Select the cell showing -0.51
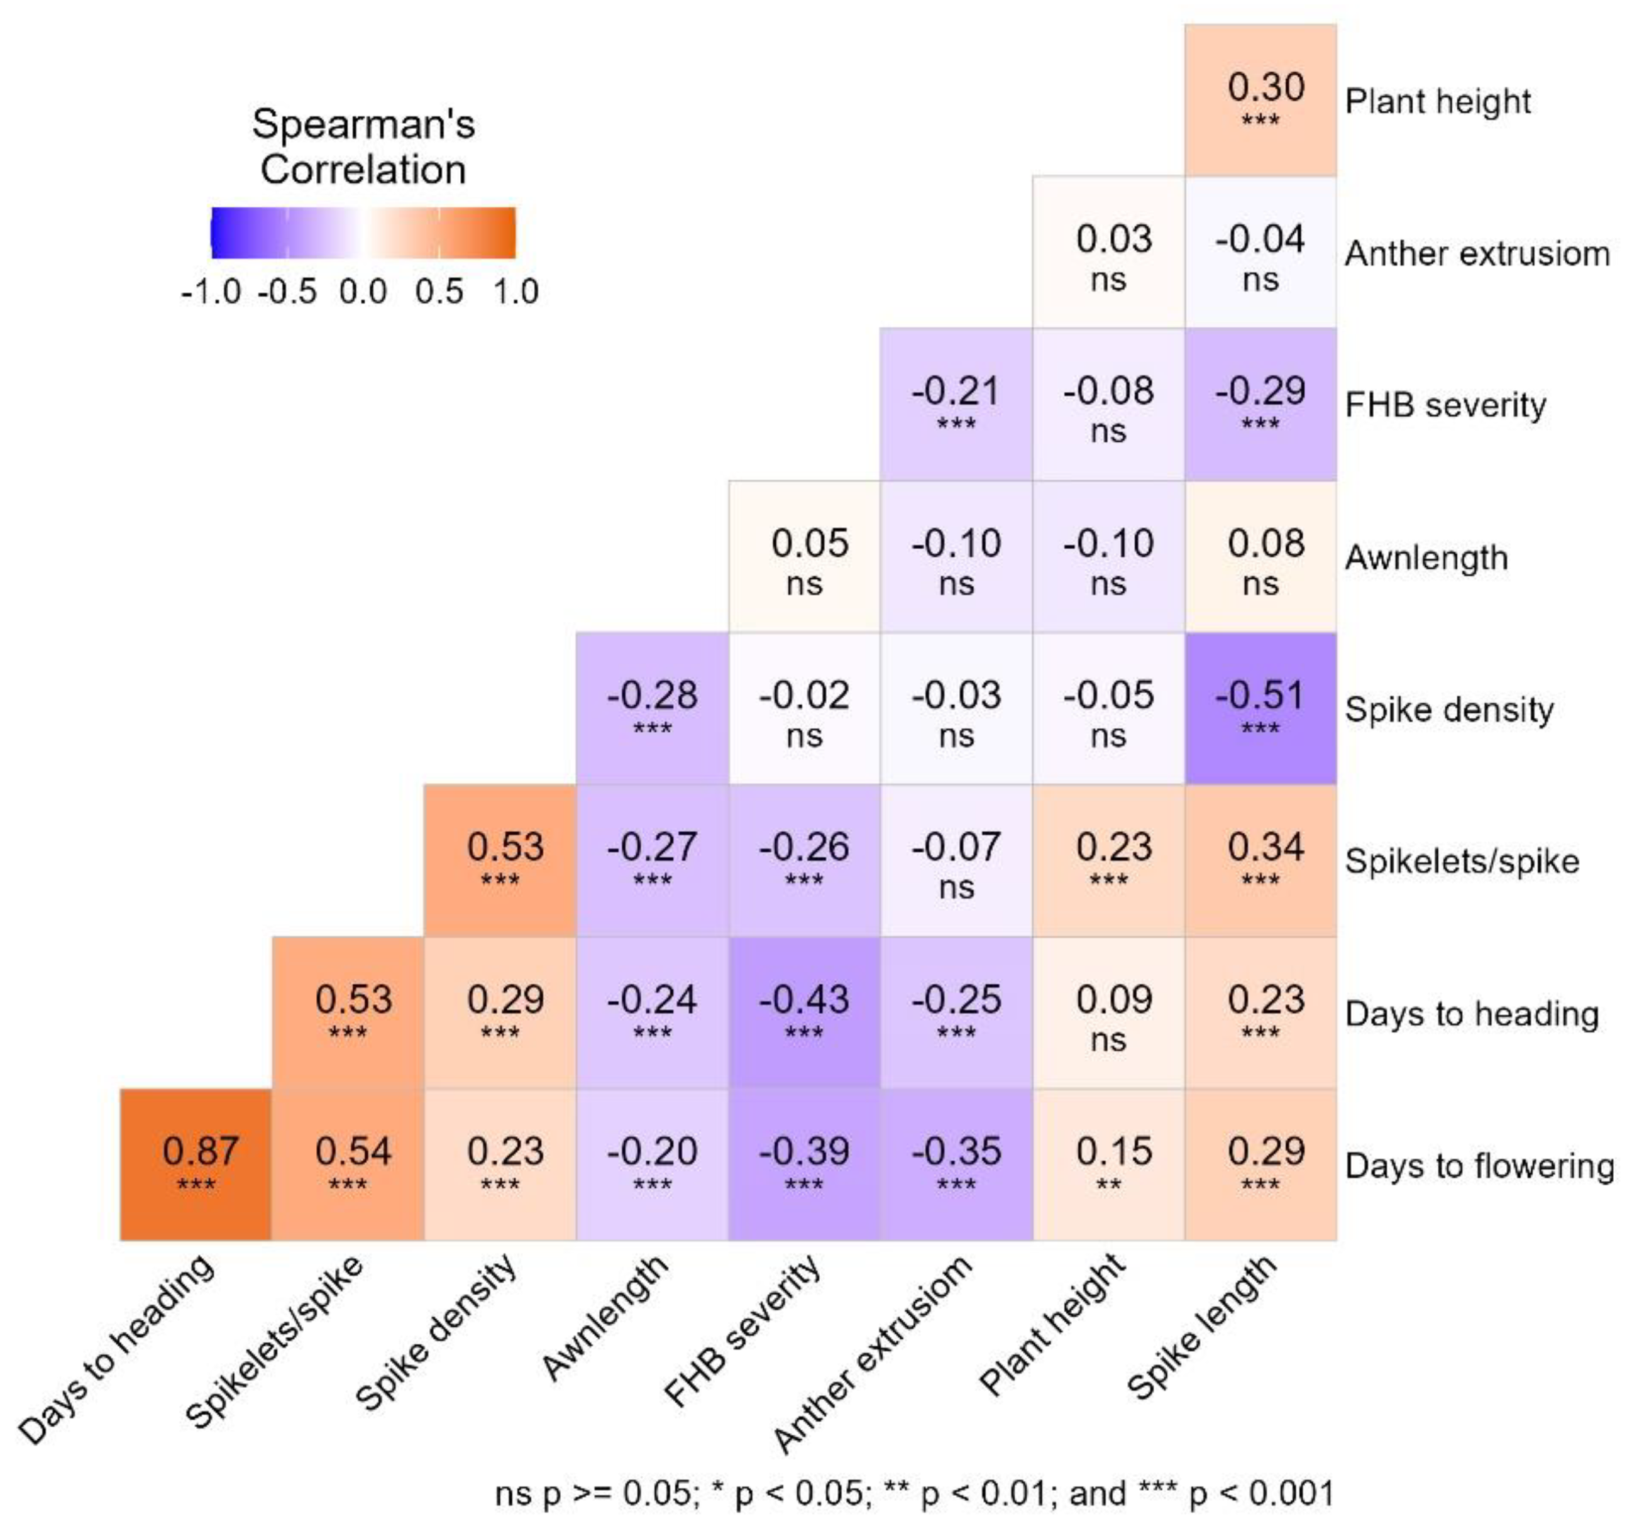pyautogui.click(x=1260, y=708)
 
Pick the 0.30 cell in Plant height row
pyautogui.click(x=1260, y=100)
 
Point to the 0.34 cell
pyautogui.click(x=1260, y=860)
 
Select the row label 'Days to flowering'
pyautogui.click(x=1479, y=1165)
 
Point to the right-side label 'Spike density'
pyautogui.click(x=1448, y=709)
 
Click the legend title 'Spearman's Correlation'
pyautogui.click(x=363, y=146)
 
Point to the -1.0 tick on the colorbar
pyautogui.click(x=211, y=292)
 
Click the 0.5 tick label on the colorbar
pyautogui.click(x=439, y=292)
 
